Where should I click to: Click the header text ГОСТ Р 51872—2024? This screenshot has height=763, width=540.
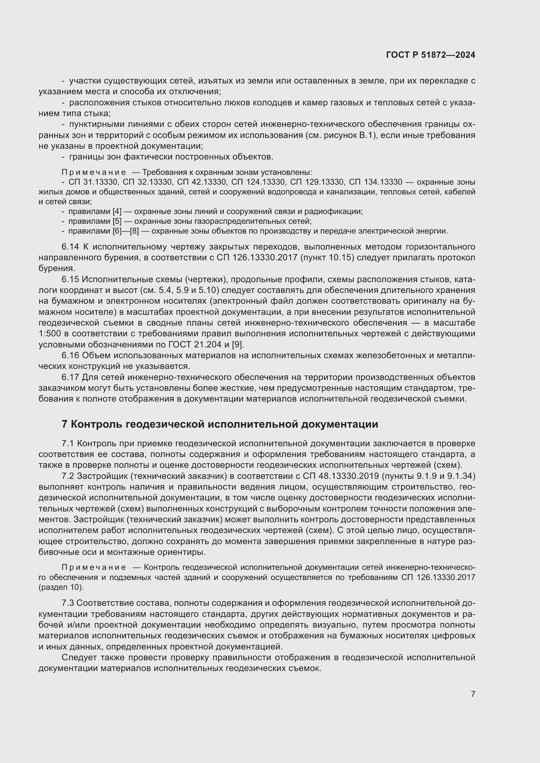point(430,55)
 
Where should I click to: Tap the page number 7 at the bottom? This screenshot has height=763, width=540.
point(473,694)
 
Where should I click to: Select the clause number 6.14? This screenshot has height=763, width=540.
point(70,247)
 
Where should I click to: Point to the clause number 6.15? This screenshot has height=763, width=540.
point(70,280)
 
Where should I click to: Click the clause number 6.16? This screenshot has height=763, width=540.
point(70,356)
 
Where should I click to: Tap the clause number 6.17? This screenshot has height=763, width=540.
point(70,377)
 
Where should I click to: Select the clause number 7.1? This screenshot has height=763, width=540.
point(68,444)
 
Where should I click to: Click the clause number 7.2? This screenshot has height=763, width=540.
point(68,476)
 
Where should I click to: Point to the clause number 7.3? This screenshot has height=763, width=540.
point(68,603)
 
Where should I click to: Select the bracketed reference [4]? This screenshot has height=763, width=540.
point(117,211)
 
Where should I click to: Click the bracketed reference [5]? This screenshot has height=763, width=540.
point(117,221)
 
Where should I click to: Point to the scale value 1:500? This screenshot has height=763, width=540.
point(50,334)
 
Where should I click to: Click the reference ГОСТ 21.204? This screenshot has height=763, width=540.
point(195,344)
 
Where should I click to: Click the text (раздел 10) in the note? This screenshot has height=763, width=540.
point(61,587)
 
